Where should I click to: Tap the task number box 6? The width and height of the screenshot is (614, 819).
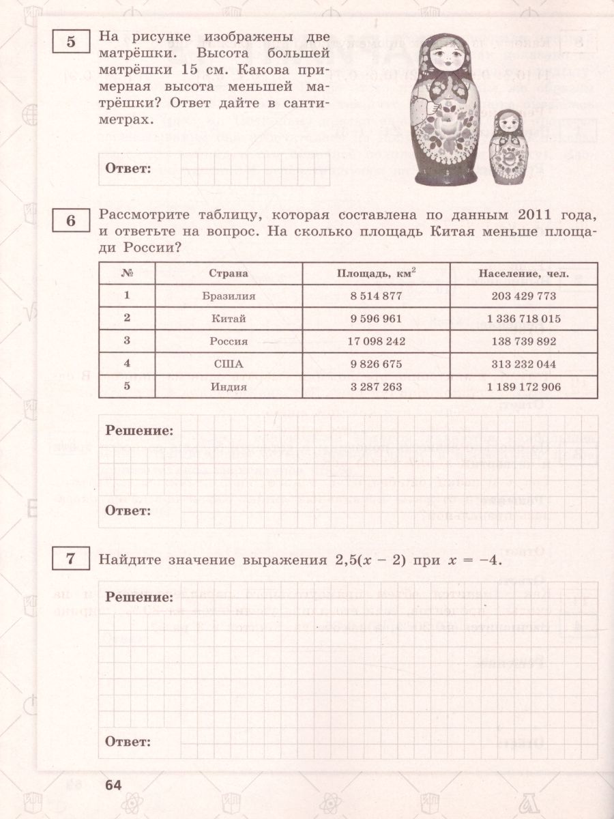coord(70,221)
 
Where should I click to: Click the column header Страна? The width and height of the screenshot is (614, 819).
coord(224,274)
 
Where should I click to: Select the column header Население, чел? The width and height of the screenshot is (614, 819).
coord(523,274)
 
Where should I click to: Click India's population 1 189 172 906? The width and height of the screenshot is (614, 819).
coord(523,386)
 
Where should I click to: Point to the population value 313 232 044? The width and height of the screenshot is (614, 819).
coord(523,364)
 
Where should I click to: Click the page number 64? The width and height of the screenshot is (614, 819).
coord(113,785)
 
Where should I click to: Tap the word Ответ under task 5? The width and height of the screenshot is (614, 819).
coord(128,169)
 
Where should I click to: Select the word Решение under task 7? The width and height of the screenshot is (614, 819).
coord(139,597)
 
